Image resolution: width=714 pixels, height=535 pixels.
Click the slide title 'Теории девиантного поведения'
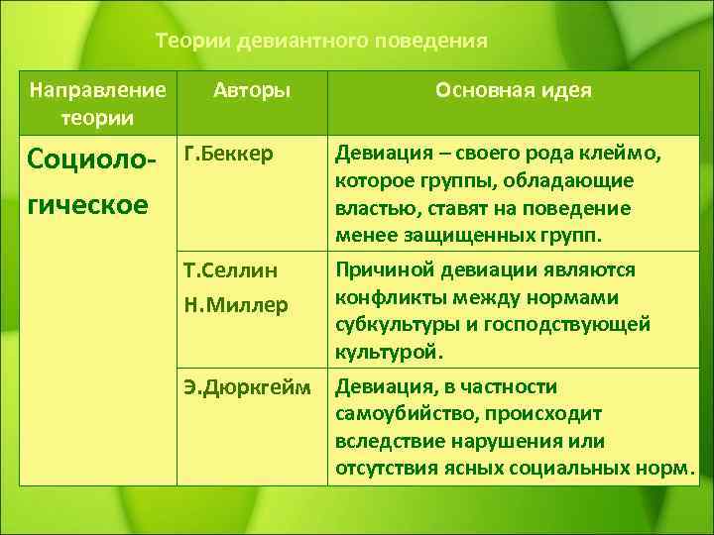tap(322, 42)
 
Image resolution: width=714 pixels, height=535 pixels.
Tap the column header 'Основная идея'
tap(513, 91)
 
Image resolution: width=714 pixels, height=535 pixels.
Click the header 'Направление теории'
tap(97, 104)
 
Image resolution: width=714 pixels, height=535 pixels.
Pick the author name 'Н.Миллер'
tap(236, 305)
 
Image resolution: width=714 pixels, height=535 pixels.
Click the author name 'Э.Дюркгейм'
tap(248, 386)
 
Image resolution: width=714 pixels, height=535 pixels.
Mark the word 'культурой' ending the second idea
tap(389, 352)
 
